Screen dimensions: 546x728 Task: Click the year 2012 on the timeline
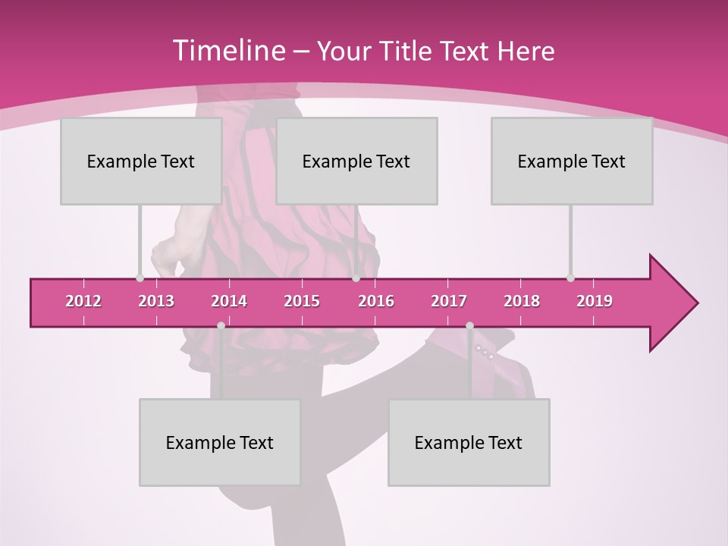(83, 301)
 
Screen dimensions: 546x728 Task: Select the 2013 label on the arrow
(156, 301)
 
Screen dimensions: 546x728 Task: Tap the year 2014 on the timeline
(229, 301)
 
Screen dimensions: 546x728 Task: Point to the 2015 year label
(302, 301)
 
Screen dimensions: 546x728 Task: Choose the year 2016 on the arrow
(376, 301)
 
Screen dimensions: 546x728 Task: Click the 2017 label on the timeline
(449, 301)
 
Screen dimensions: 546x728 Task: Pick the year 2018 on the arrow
(522, 301)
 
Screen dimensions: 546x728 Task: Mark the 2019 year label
(595, 301)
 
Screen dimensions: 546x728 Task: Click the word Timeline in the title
(228, 51)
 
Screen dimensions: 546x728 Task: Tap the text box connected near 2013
(141, 161)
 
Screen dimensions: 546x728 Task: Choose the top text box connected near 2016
(356, 161)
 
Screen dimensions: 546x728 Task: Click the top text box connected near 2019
(572, 161)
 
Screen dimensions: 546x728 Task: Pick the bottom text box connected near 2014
(220, 442)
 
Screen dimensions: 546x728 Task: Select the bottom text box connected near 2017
(469, 442)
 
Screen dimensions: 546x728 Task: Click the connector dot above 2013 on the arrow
(140, 278)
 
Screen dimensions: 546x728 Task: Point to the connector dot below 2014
(221, 325)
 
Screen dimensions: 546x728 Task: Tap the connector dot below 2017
(469, 325)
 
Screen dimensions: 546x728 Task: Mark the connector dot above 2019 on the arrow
(570, 278)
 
